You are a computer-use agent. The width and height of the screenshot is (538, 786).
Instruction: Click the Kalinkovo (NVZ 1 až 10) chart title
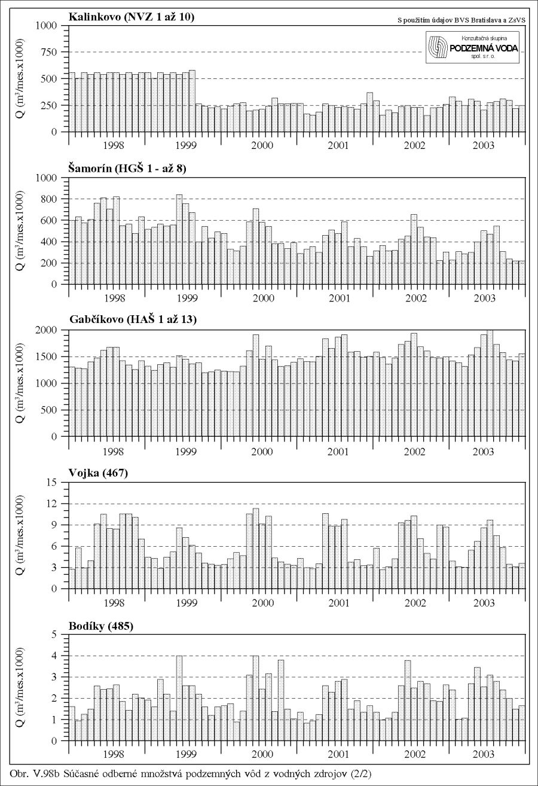pyautogui.click(x=131, y=17)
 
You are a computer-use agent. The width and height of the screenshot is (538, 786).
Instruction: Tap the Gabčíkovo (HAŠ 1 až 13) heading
pyautogui.click(x=133, y=319)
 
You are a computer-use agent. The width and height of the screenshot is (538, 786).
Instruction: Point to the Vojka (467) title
pyautogui.click(x=98, y=473)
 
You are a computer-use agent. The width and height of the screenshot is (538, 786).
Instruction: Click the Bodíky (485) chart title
pyautogui.click(x=101, y=626)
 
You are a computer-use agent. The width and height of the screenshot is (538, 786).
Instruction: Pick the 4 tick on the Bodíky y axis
pyautogui.click(x=54, y=656)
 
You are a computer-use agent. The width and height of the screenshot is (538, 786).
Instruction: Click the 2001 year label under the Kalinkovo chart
pyautogui.click(x=338, y=145)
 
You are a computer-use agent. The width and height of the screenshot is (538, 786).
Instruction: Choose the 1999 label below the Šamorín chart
pyautogui.click(x=187, y=298)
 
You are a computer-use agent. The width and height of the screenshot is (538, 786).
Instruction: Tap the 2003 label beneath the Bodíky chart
pyautogui.click(x=484, y=754)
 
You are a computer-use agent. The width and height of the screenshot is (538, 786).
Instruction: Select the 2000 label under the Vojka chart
pyautogui.click(x=263, y=603)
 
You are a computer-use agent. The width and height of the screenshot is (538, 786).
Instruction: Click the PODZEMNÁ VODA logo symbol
pyautogui.click(x=438, y=48)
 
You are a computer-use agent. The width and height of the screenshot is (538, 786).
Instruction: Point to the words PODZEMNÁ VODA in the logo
pyautogui.click(x=484, y=48)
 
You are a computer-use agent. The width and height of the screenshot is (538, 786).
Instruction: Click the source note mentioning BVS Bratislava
pyautogui.click(x=461, y=20)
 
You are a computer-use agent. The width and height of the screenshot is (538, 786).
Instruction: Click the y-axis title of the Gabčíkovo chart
pyautogui.click(x=20, y=383)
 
